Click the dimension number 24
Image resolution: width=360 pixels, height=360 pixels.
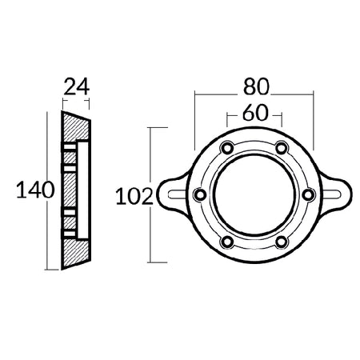(76, 87)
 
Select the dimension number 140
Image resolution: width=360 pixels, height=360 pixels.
(35, 190)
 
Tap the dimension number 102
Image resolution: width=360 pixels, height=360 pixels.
(134, 196)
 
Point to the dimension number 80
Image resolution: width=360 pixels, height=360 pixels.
(256, 86)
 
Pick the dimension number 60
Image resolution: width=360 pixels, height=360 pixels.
(254, 113)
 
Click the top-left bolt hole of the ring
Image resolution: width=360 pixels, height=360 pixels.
(227, 147)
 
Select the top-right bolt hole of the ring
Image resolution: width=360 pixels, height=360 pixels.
(282, 147)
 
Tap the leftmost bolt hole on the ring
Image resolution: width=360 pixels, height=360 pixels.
(200, 194)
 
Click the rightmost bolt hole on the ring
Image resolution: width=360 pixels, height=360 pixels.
(309, 194)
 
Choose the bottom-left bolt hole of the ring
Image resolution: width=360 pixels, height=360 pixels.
(227, 242)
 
